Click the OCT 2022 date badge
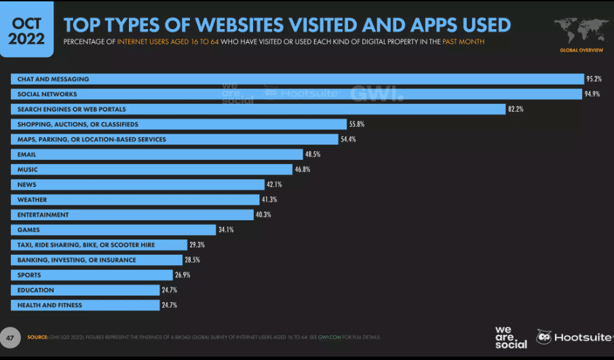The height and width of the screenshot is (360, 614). coord(27,31)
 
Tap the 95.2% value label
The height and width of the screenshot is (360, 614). coord(594,79)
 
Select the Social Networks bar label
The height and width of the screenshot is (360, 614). coord(47,94)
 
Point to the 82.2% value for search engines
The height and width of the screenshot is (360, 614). coord(516,109)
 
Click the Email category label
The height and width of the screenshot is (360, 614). coord(27,155)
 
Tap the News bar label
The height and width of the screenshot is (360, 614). coord(27,184)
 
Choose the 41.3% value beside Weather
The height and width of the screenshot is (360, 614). coord(269,200)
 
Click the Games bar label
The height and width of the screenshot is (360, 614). coord(28,230)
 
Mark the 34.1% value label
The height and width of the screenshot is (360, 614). coord(226,230)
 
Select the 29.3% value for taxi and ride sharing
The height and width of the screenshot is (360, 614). coord(197,245)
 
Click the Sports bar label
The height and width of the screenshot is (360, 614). coord(29,275)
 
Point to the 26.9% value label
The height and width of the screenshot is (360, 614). coord(183,275)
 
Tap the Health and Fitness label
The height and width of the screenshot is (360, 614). coord(50,305)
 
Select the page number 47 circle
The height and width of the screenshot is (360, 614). coord(10,337)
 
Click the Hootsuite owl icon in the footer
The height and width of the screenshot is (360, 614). coord(543,336)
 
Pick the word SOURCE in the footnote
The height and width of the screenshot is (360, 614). coord(37,337)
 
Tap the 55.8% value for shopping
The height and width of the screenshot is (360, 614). coord(356,124)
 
